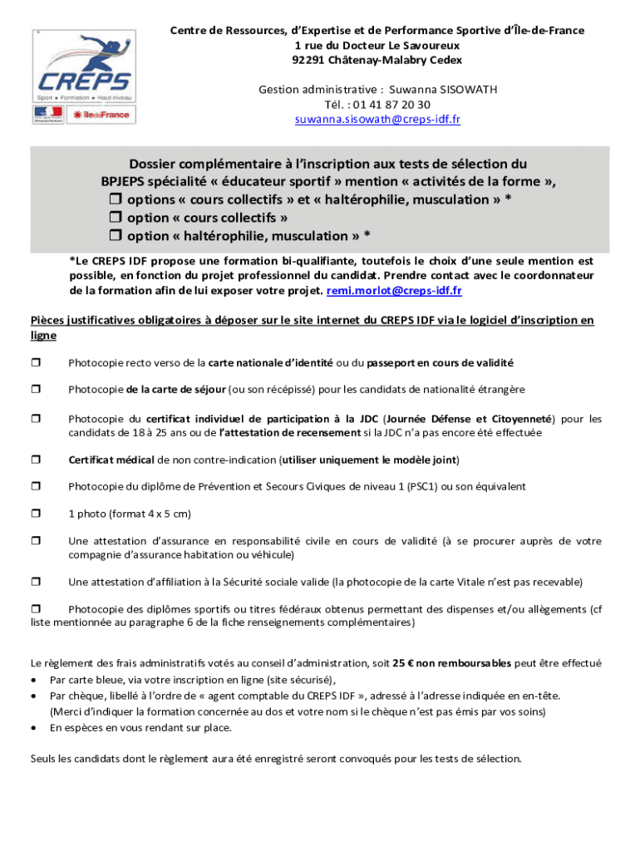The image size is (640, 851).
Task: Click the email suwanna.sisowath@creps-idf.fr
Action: pos(377,120)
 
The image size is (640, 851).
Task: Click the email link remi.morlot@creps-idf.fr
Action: pos(394,290)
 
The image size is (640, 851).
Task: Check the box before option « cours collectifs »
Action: pos(116,219)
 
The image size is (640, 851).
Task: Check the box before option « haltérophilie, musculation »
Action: pos(116,237)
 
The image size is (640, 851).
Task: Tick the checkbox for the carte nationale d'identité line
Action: pos(36,363)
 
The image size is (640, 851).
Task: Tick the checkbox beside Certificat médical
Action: pos(36,460)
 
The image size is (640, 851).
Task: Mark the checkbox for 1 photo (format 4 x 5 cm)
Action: pos(36,514)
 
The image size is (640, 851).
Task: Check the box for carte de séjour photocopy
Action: pos(36,390)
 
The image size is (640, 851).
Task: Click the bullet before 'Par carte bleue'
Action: pos(33,679)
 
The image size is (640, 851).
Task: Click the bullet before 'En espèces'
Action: pos(33,727)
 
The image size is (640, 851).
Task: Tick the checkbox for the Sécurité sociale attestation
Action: pos(36,582)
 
